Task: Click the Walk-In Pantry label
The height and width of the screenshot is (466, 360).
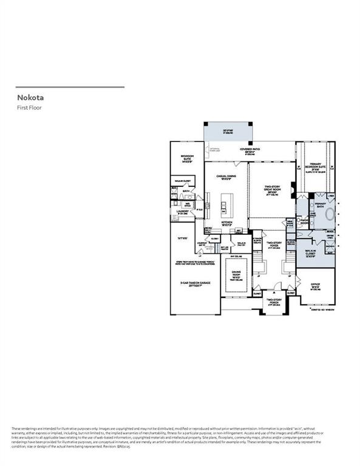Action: pyautogui.click(x=241, y=244)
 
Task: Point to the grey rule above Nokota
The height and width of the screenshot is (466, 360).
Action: pyautogui.click(x=70, y=87)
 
